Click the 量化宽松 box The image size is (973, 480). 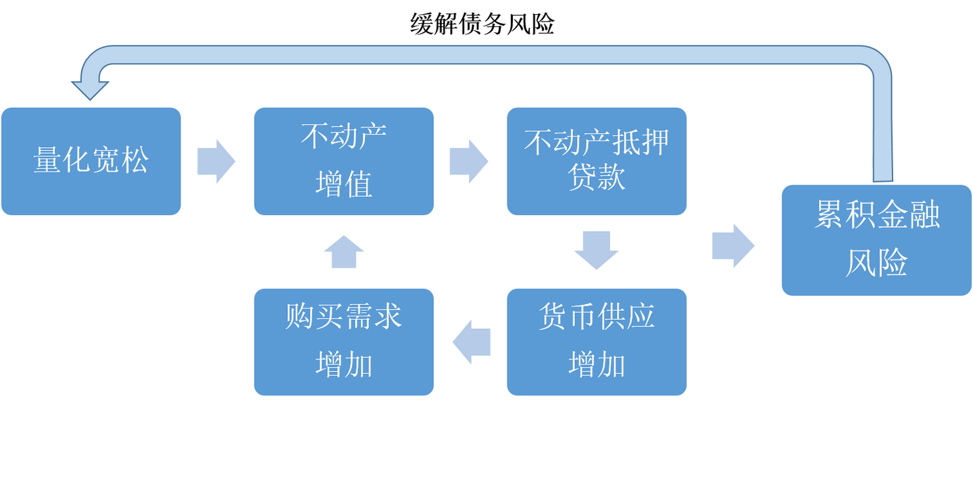[x=91, y=161]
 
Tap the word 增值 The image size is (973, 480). [x=343, y=185]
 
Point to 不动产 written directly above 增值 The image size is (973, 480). [x=343, y=137]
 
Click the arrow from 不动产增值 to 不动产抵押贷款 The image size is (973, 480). [x=468, y=162]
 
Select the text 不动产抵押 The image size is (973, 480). [x=596, y=142]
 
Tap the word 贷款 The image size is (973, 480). [x=596, y=178]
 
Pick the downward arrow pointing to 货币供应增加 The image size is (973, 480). [x=596, y=249]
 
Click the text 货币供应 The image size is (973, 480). [x=596, y=317]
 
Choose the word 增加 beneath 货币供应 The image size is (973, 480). [x=596, y=365]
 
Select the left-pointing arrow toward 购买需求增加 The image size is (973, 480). [x=471, y=341]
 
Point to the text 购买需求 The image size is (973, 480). [x=343, y=317]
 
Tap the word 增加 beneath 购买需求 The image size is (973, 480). [x=343, y=365]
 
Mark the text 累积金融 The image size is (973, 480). [x=876, y=216]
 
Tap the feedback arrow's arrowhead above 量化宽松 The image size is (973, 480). [x=90, y=88]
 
